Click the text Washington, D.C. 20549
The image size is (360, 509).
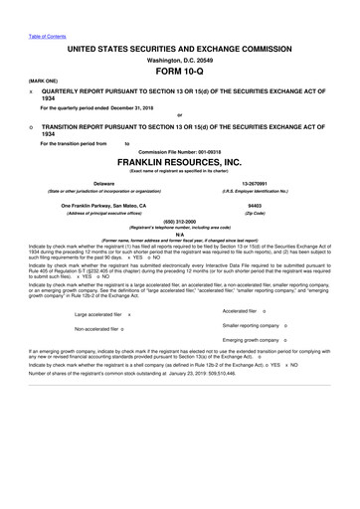(x=179, y=59)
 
